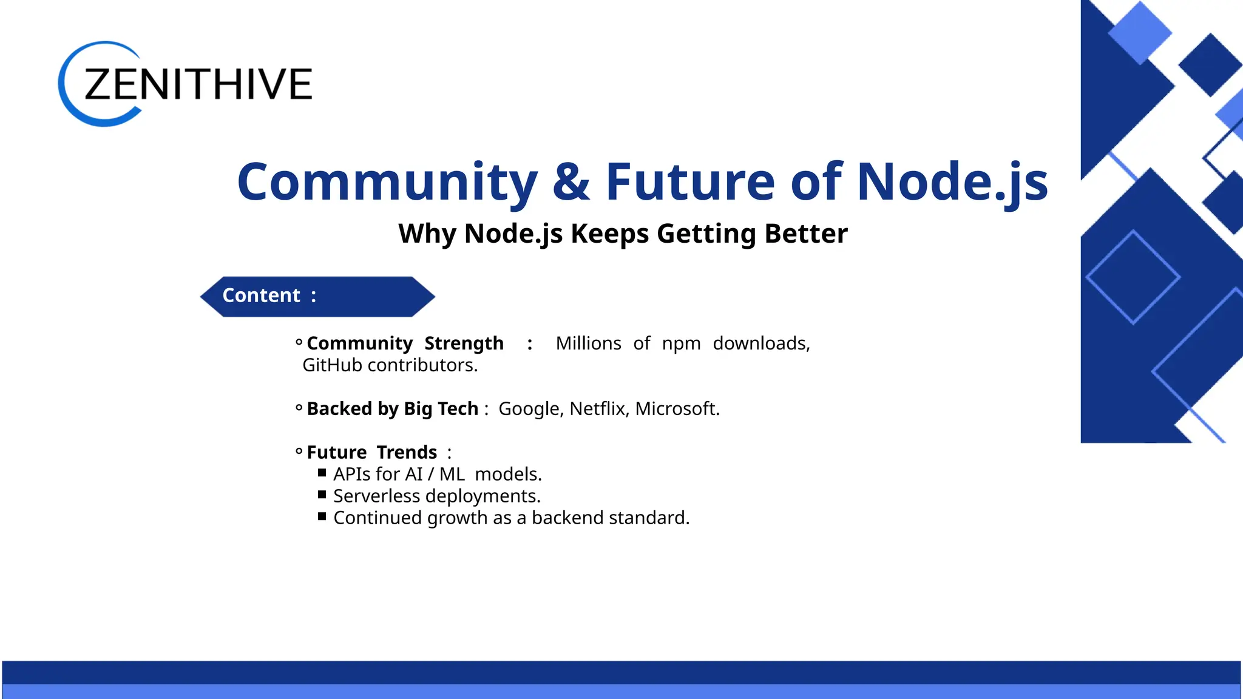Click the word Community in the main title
[x=387, y=181]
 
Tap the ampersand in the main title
[x=571, y=181]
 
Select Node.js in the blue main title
[x=952, y=181]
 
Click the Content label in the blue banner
[x=262, y=295]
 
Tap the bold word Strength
[x=464, y=343]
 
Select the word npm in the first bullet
[x=681, y=343]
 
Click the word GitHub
[x=332, y=365]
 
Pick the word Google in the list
[x=530, y=409]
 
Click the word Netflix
[x=597, y=409]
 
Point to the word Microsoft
[x=676, y=409]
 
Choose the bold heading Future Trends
[x=371, y=453]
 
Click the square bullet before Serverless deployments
[x=322, y=495]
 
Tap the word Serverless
[x=376, y=496]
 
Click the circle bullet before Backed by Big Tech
[x=299, y=408]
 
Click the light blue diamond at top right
[x=1139, y=32]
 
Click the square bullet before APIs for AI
[x=322, y=473]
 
